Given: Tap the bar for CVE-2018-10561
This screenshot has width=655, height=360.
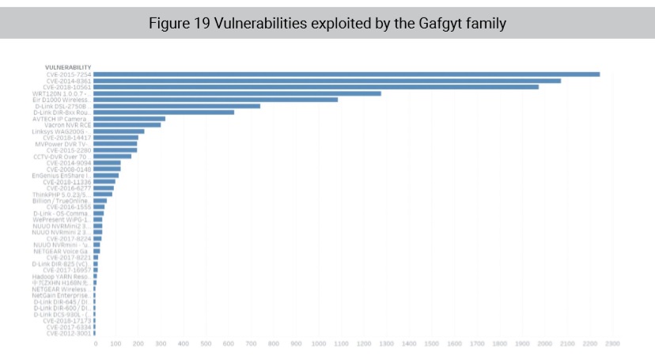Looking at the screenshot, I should coord(316,87).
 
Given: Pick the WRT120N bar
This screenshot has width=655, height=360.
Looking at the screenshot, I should coord(237,93).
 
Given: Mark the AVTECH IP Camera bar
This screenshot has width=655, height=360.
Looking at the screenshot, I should coord(130,119).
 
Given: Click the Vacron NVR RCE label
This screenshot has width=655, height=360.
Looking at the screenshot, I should coord(68,125).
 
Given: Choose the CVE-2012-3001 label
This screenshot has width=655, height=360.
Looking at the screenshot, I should coord(69,333).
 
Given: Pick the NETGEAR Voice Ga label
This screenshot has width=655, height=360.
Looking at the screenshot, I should coord(66,251).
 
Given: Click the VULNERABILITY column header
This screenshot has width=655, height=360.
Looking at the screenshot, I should coord(68,67).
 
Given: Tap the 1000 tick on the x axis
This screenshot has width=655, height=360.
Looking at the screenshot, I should coord(319,344).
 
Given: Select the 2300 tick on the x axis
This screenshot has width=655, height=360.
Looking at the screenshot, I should coord(611,344).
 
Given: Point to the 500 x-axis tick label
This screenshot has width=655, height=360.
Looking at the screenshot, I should coord(207,344).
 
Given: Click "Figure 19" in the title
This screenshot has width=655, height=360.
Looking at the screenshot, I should coord(172,23).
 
